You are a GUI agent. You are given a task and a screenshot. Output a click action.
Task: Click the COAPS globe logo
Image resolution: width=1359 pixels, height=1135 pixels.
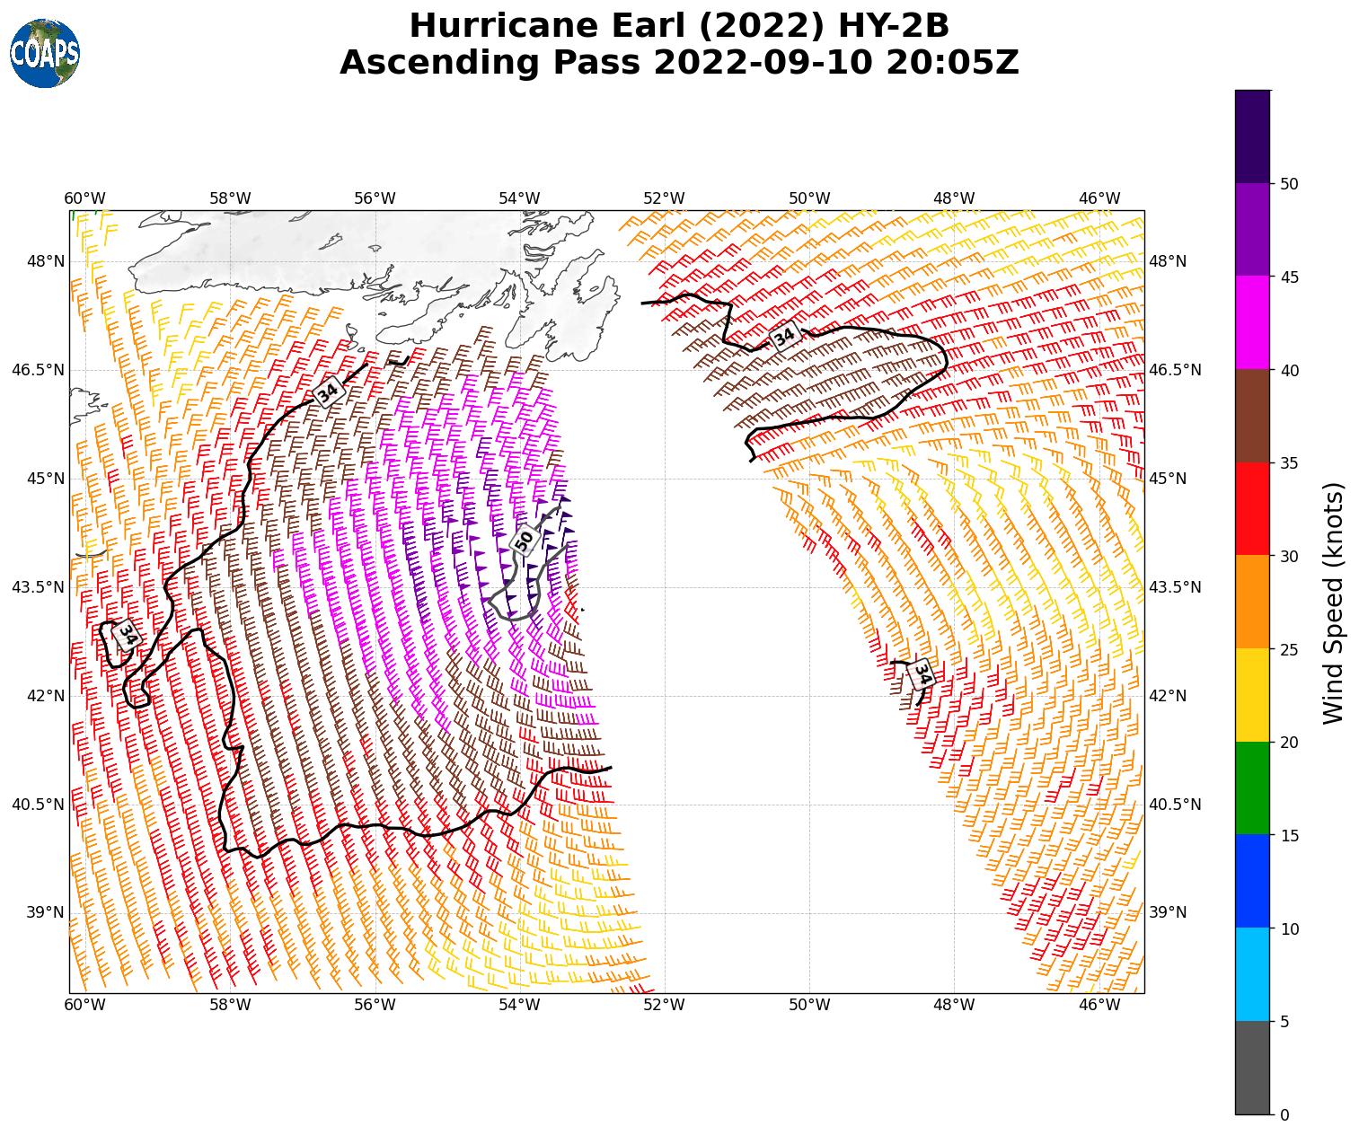(x=44, y=54)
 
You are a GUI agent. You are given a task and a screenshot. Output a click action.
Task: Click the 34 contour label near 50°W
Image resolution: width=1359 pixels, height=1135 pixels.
(x=784, y=337)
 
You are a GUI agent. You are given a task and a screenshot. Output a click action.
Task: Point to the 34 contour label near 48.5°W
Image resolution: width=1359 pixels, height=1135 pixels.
(x=922, y=673)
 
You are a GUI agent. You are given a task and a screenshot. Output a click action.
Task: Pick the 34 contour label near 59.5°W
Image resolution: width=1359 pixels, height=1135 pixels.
(x=128, y=635)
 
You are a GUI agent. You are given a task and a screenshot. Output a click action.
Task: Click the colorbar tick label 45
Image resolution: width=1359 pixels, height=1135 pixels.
(x=1289, y=277)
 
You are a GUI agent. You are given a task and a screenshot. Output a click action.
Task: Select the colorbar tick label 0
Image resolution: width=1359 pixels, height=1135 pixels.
(x=1284, y=1114)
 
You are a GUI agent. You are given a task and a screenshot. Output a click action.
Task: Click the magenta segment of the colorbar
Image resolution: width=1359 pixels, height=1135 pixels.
(x=1252, y=322)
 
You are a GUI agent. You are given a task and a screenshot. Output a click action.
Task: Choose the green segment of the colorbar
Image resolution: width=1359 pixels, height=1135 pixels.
(x=1252, y=788)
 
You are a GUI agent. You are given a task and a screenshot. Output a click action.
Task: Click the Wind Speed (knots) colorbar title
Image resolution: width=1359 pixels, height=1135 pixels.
(x=1334, y=603)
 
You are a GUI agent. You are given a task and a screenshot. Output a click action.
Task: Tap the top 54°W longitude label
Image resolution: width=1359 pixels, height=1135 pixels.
(x=519, y=198)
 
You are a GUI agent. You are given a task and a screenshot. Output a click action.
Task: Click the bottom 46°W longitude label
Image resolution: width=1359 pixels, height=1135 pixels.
(x=1099, y=1005)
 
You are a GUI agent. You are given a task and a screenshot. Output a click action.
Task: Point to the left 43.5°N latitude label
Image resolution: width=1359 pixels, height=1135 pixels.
(x=38, y=587)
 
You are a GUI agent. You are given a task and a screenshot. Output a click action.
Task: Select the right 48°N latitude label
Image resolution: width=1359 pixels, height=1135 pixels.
(x=1168, y=261)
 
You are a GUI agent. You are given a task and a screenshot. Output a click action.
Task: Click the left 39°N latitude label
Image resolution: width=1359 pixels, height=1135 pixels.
(x=45, y=912)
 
